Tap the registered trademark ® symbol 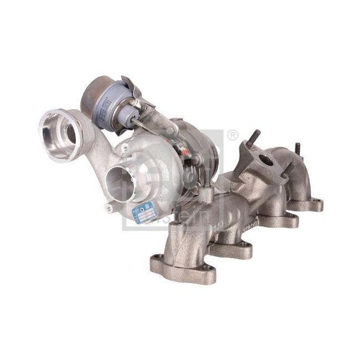[x=233, y=134]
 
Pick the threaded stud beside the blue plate [x=177, y=212]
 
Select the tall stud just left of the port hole [x=256, y=138]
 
